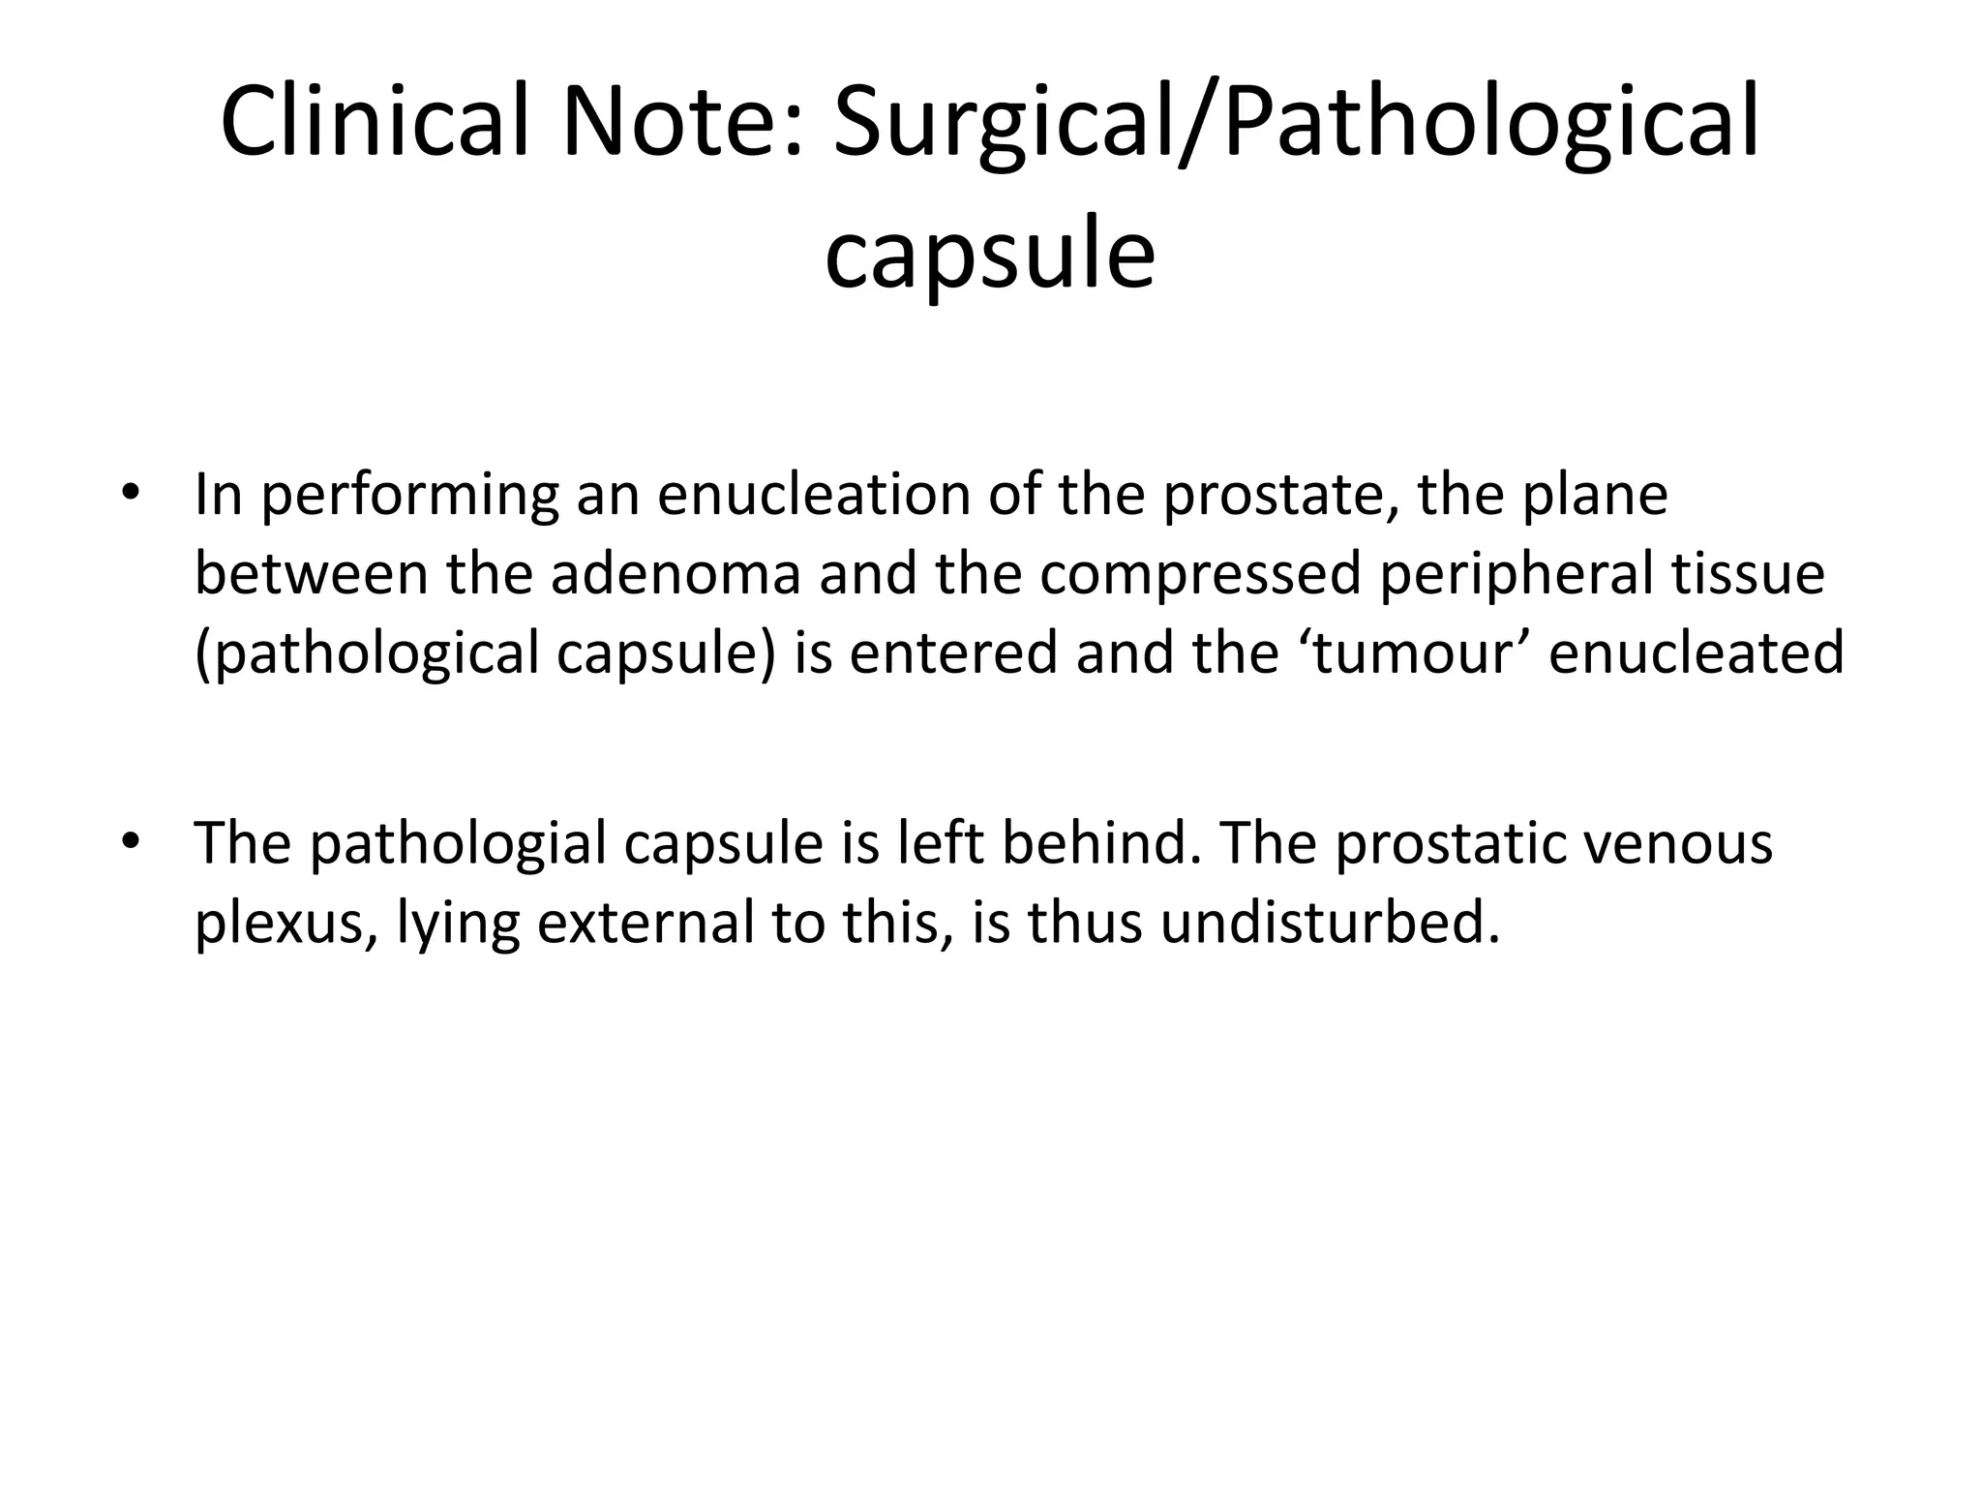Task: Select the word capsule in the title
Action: tap(989, 254)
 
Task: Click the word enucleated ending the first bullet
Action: tap(1697, 652)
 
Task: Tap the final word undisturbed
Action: tap(1330, 921)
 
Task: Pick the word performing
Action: tap(409, 496)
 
